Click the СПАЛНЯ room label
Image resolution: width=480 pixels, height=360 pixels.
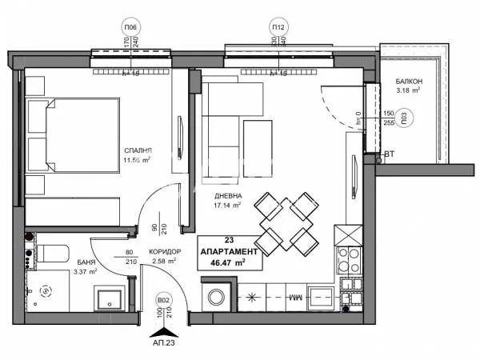click(x=138, y=150)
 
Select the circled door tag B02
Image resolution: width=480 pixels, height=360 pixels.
click(x=163, y=302)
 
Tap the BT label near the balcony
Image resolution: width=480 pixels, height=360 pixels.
click(x=389, y=154)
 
